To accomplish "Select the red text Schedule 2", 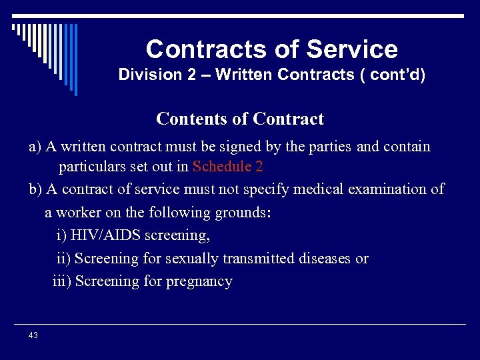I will point(227,167).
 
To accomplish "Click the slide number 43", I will point(33,335).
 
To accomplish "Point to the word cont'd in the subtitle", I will point(398,75).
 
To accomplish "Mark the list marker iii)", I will point(62,281).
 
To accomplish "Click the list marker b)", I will point(35,189).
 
